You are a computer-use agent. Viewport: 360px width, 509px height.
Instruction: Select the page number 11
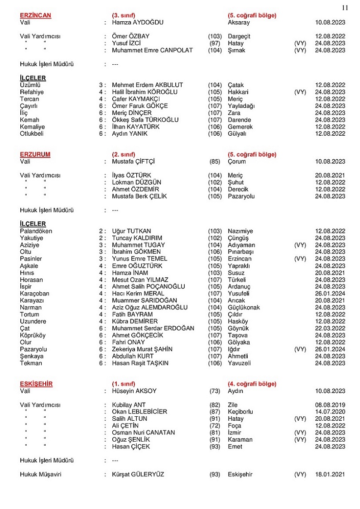(x=345, y=7)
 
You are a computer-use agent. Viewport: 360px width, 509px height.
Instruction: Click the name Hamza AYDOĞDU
(x=138, y=22)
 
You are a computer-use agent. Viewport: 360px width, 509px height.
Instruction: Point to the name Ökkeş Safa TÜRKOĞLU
(x=145, y=120)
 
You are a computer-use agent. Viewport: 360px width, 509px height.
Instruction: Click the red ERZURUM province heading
(x=35, y=154)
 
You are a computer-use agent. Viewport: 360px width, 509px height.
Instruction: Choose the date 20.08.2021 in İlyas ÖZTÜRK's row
(x=330, y=176)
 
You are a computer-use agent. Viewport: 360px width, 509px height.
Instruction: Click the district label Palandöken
(x=36, y=231)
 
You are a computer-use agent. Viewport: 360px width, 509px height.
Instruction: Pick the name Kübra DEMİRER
(x=135, y=321)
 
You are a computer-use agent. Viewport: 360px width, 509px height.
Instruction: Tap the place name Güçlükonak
(x=244, y=308)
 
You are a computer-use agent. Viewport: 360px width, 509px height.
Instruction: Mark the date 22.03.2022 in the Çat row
(x=330, y=328)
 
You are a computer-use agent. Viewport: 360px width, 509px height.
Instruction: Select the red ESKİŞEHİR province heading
(x=36, y=384)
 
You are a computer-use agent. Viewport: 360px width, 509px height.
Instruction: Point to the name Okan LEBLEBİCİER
(x=139, y=412)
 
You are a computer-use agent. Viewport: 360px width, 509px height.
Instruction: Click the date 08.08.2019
(x=330, y=405)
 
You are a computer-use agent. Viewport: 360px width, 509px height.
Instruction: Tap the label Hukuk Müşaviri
(x=41, y=475)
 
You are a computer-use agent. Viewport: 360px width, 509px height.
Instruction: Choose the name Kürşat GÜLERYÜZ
(x=138, y=475)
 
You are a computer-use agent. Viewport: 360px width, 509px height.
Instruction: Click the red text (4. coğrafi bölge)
(x=252, y=384)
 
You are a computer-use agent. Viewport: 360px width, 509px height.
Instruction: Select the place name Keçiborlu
(x=240, y=412)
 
